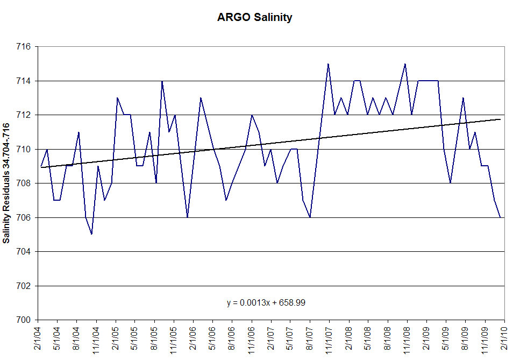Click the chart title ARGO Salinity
tap(254, 17)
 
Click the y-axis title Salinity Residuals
tap(7, 183)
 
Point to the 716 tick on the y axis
tap(24, 47)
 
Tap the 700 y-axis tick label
tap(24, 320)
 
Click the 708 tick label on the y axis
tap(24, 183)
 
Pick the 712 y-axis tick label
tap(24, 115)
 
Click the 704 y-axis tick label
tap(24, 252)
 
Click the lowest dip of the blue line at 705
tap(92, 234)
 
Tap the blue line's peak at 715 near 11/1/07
tap(328, 64)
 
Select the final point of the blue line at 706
tap(501, 217)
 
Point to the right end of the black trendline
tap(501, 119)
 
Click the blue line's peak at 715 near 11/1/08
tap(405, 64)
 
